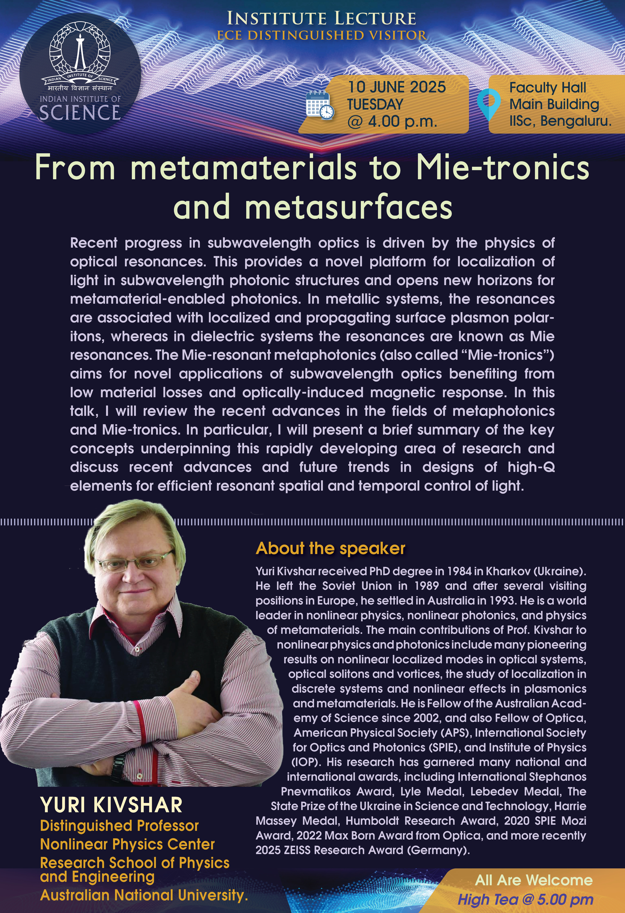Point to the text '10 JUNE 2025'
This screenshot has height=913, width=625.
397,87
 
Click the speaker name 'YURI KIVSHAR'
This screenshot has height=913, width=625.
111,805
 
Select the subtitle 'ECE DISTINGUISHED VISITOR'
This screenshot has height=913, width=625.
321,35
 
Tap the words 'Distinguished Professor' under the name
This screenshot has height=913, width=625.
119,825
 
